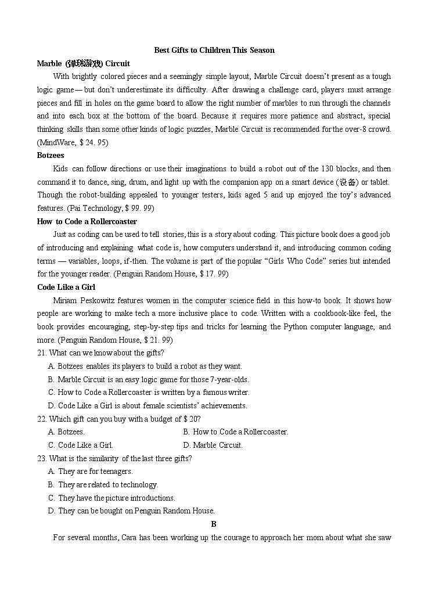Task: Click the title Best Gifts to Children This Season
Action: (x=214, y=50)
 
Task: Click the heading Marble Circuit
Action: (x=83, y=63)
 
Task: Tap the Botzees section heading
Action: (x=51, y=156)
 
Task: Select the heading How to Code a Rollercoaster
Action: (x=87, y=221)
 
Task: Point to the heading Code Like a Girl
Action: (x=66, y=287)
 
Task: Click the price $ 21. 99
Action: (x=157, y=340)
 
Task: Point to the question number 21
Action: (x=41, y=353)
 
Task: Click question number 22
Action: (x=41, y=419)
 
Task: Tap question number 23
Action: (x=41, y=458)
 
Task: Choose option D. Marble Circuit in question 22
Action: (x=213, y=445)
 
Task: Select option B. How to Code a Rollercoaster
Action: (x=235, y=432)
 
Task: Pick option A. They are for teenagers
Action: (x=91, y=472)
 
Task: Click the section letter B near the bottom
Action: (x=214, y=524)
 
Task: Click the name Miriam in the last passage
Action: (x=65, y=300)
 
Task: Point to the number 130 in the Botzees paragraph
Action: (x=328, y=168)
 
